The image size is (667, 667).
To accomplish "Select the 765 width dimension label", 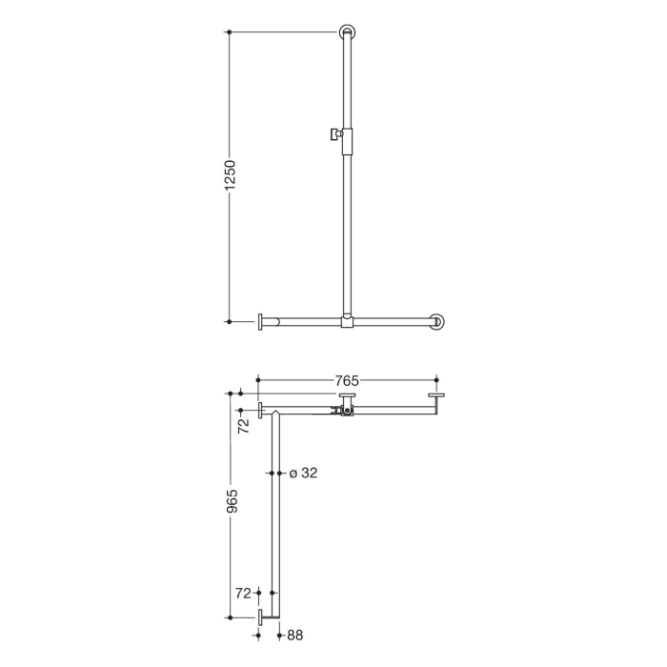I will (x=347, y=380).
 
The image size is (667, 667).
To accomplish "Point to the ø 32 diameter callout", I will (x=302, y=473).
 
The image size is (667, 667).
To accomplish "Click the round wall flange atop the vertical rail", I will (x=347, y=33).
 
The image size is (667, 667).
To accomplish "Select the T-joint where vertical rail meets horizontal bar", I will (x=347, y=322).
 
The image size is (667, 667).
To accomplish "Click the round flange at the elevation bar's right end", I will (x=437, y=322).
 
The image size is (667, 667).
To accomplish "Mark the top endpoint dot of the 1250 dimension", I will (x=230, y=33).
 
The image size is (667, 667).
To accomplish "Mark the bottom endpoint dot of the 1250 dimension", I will (x=230, y=322).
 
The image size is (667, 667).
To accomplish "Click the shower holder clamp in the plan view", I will (x=344, y=412).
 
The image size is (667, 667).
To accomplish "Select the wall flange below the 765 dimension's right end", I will (x=436, y=397).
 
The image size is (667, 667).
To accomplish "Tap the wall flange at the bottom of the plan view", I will (x=260, y=616).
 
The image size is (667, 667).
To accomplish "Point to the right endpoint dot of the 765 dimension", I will (x=436, y=380).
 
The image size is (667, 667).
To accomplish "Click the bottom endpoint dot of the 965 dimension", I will (x=230, y=616).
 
